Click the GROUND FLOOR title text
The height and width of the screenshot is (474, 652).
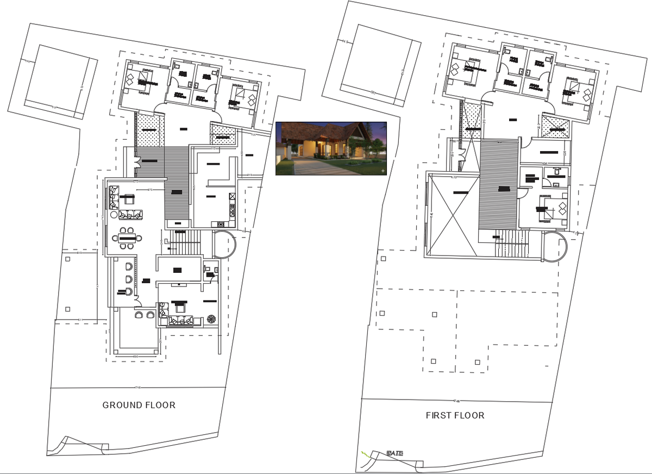point(139,405)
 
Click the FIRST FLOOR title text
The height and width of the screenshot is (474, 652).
point(455,415)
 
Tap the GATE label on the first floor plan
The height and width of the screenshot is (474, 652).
point(395,452)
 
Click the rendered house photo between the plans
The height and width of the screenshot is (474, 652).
point(331,148)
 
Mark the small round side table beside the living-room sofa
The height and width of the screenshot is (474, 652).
point(114,215)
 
